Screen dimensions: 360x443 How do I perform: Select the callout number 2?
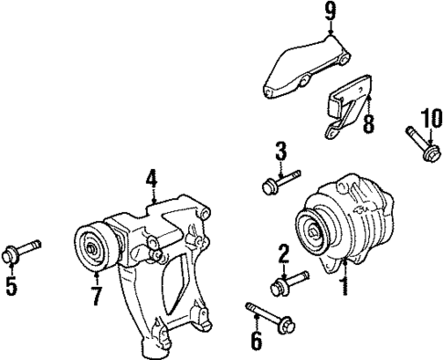[284, 252]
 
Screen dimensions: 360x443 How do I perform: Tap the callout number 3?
[281, 151]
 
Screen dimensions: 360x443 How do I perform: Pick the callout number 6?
[257, 342]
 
